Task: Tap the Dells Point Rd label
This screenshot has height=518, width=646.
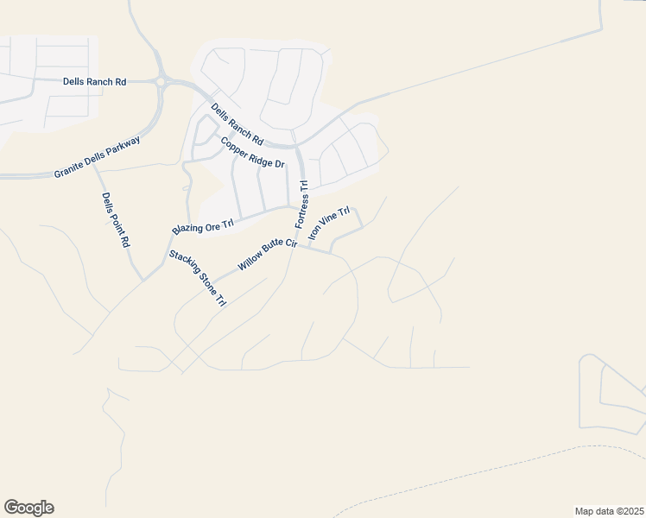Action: coord(115,220)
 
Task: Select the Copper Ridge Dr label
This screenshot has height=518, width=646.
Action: coord(252,153)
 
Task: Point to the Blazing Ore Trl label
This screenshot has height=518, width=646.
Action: coord(203,227)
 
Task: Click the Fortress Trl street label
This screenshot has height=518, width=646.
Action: coord(301,205)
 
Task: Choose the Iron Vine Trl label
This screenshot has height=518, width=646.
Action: coord(329,223)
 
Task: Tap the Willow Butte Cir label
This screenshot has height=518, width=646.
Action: coord(268,255)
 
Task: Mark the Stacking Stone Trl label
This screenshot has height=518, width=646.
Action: coord(197,278)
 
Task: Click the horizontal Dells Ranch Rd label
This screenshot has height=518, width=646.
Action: coord(95,82)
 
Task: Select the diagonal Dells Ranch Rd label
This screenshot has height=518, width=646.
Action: coord(237,123)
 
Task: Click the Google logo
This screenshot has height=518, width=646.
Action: coord(28,508)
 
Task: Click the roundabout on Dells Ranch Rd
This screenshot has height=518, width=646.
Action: coord(160,82)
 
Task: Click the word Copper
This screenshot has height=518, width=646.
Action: coord(233,144)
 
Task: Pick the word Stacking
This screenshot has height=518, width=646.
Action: coord(185,265)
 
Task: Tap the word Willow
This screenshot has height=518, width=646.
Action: coord(251,262)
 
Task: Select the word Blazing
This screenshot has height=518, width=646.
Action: coord(187,230)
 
